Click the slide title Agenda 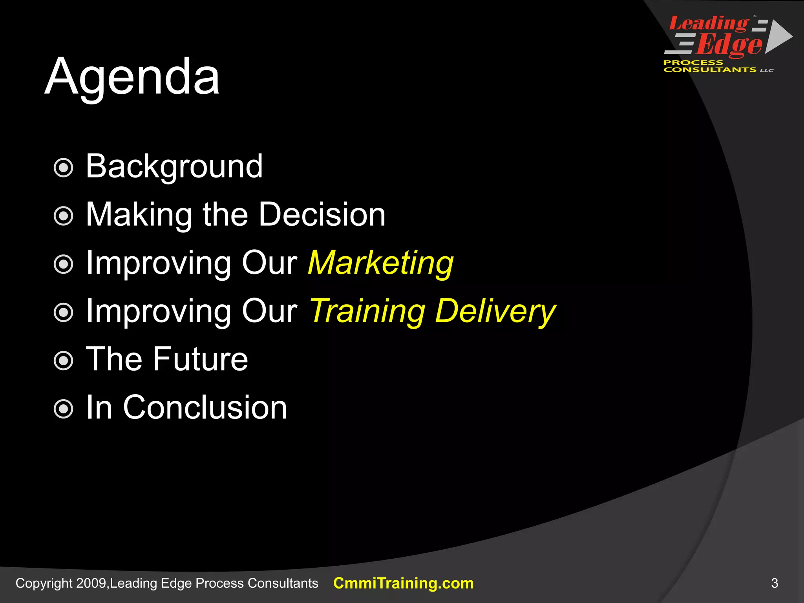coord(132,77)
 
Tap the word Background coord(174,166)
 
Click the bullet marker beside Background coord(63,168)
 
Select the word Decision coord(322,215)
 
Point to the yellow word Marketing coord(380,263)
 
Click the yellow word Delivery coord(495,311)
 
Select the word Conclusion coord(205,407)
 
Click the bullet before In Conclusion coord(63,409)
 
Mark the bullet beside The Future coord(63,361)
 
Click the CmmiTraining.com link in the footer coord(403,583)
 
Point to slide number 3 coord(774,583)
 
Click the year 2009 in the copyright coord(91,583)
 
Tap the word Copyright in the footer coord(44,583)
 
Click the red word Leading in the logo coord(708,24)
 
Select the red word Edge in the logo coord(729,45)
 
